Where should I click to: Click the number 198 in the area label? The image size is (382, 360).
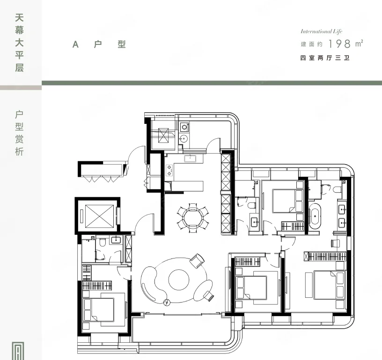pos(339,44)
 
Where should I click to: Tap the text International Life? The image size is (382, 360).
pos(321,31)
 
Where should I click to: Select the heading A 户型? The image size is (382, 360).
pos(99,44)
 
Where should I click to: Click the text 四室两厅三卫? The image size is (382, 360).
pos(325,58)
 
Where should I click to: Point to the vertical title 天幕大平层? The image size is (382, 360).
pos(20,43)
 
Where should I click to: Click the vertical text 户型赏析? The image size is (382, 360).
pos(19,133)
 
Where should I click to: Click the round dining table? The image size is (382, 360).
pos(193,218)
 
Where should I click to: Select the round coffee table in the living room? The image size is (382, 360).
pos(178,280)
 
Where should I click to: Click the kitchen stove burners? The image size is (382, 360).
pos(169,170)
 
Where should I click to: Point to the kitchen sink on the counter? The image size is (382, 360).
pos(190,158)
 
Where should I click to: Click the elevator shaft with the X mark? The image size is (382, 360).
pos(99,216)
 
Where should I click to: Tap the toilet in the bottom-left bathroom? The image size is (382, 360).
pos(103,242)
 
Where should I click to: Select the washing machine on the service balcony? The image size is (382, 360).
pos(184,127)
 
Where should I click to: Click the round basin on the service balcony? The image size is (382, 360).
pos(183,139)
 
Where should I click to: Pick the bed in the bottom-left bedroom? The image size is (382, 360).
pos(99,310)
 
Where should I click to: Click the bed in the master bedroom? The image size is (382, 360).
pos(330,285)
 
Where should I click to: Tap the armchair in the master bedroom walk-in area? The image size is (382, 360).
pos(335,243)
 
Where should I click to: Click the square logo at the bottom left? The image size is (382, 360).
pos(18,351)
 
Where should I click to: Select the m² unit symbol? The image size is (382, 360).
pos(359,43)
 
